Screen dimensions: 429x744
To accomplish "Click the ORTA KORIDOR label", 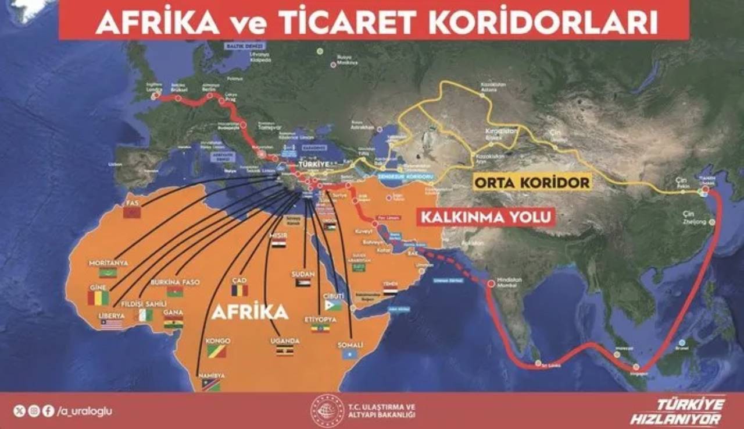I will (x=532, y=182).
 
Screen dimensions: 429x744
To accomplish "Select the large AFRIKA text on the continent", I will (x=250, y=312).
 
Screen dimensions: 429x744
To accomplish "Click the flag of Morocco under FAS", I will (x=132, y=213).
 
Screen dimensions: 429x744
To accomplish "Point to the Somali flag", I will (x=349, y=354).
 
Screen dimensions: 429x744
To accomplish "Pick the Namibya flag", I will (x=211, y=385).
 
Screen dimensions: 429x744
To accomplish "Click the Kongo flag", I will (x=217, y=350).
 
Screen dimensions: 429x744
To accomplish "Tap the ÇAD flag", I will (x=239, y=290).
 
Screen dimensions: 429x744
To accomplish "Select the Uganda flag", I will (x=284, y=350).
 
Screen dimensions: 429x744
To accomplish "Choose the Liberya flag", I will (x=112, y=324).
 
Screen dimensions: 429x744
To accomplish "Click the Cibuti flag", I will (x=334, y=304).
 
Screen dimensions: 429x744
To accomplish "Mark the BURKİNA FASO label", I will (x=175, y=282).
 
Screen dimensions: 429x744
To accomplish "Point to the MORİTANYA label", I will (x=108, y=263).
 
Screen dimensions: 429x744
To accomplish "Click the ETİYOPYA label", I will (x=320, y=320).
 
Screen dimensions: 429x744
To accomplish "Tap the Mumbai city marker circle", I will (x=492, y=283).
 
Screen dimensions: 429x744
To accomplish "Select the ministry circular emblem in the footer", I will (x=327, y=411).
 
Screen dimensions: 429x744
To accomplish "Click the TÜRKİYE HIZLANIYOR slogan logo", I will (x=677, y=412).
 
